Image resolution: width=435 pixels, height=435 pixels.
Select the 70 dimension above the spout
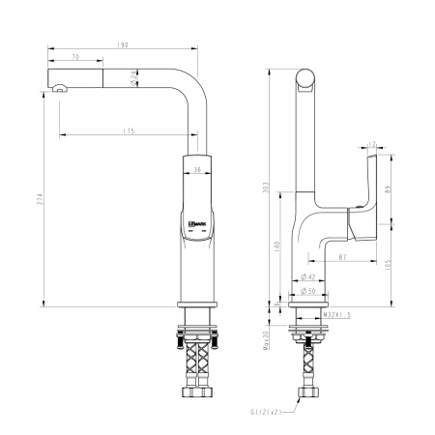76,57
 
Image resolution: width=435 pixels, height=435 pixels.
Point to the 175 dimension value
129,130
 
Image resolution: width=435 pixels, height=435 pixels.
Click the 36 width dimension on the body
196,171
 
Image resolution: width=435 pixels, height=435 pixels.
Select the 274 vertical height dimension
40,200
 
